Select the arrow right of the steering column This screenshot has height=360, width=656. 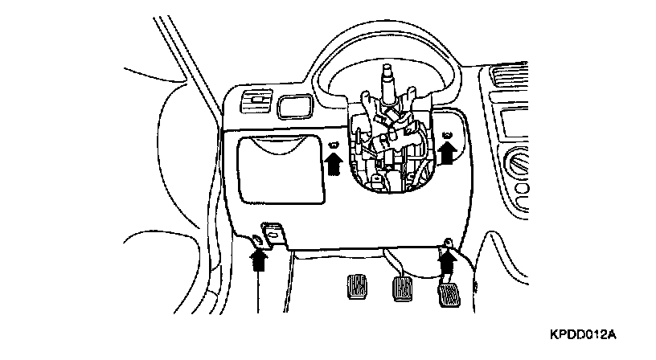tap(449, 153)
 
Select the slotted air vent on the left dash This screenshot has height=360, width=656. tap(255, 102)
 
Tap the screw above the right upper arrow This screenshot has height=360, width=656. tap(448, 133)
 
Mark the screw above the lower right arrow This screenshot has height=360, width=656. tap(448, 242)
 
